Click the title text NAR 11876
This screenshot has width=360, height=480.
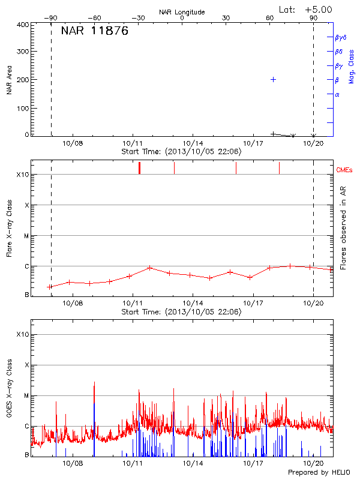[x=95, y=32]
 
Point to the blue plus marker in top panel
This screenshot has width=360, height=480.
[x=273, y=79]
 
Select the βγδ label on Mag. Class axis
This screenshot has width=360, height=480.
[x=341, y=37]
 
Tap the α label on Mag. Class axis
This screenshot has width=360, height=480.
[x=337, y=94]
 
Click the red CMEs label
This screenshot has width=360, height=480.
[x=344, y=170]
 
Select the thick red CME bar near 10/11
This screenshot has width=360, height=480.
[x=139, y=167]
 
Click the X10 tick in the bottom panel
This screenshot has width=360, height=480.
[x=23, y=334]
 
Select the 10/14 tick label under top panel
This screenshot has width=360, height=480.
[x=193, y=144]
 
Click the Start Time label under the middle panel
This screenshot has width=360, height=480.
[x=182, y=312]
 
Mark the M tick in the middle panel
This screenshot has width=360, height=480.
[x=26, y=236]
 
